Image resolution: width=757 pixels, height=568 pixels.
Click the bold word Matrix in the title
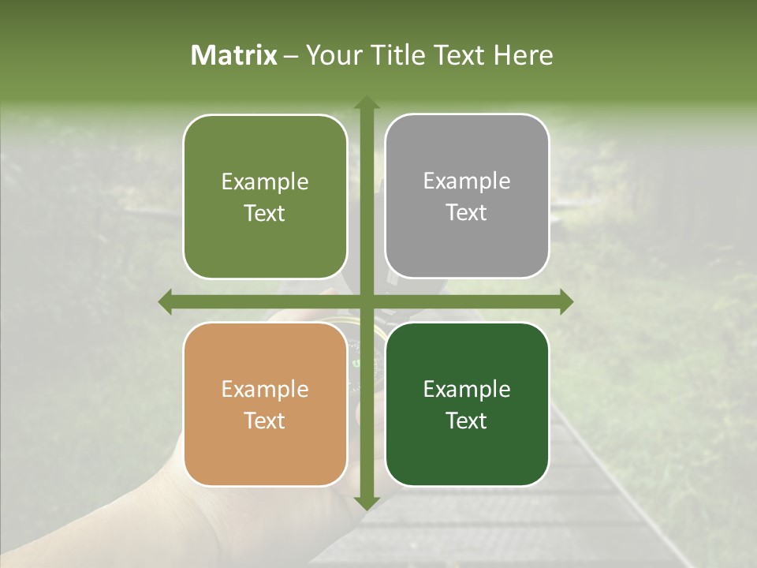234,55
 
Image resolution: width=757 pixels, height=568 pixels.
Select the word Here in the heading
523,55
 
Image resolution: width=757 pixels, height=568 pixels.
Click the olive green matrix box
265,196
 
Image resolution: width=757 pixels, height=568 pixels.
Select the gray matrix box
467,196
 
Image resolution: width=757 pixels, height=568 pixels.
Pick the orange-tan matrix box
265,405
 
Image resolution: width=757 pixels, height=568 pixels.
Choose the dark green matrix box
467,405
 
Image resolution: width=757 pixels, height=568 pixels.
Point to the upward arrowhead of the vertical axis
366,103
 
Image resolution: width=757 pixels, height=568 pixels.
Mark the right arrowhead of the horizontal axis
566,301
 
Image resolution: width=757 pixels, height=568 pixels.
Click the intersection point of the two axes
366,301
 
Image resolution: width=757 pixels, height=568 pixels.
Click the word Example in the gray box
467,181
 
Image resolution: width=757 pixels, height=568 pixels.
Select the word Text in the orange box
265,420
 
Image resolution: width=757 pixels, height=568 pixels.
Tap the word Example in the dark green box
467,389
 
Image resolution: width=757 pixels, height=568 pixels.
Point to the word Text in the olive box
265,213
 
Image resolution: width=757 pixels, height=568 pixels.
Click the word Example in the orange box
265,389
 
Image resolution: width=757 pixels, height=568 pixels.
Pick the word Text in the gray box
467,213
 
